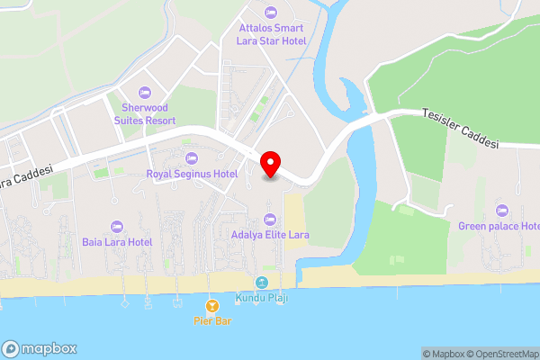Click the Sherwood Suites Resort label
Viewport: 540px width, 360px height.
pos(144,112)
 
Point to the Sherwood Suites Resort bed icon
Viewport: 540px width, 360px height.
pos(144,91)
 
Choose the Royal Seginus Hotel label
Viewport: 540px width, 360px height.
pos(192,174)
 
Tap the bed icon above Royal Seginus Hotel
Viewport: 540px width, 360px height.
pos(192,157)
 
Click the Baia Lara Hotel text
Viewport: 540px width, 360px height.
pos(116,242)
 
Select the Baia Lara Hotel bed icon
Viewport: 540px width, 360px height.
pos(116,226)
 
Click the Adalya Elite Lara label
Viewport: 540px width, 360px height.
pos(270,235)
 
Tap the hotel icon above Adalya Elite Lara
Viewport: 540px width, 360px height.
pos(269,219)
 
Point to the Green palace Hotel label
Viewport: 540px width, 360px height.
pos(499,226)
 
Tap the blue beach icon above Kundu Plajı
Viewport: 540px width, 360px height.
pos(261,283)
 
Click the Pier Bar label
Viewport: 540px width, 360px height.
pos(212,320)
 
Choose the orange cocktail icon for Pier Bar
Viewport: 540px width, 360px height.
pos(212,305)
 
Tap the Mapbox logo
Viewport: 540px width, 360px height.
pos(40,348)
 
